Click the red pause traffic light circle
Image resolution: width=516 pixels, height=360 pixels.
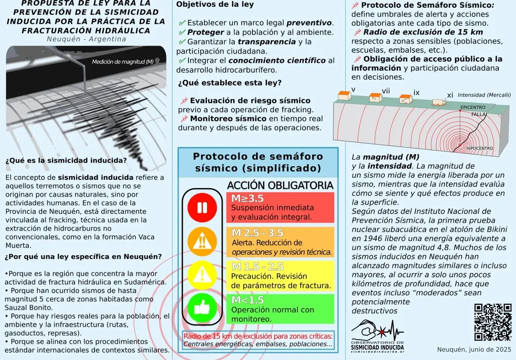click(x=200, y=208)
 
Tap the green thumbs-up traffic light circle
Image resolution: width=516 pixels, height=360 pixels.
click(x=200, y=309)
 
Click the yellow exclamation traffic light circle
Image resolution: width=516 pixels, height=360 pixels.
click(x=200, y=275)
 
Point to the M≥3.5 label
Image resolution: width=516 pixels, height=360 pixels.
click(x=247, y=199)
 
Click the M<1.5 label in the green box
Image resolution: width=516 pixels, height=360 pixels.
click(x=247, y=300)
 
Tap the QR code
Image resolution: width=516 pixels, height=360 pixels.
click(x=492, y=322)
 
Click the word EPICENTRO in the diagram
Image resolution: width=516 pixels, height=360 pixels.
click(x=473, y=107)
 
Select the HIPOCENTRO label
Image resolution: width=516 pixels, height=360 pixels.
click(x=479, y=149)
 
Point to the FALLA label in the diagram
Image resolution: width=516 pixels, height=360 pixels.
click(x=479, y=114)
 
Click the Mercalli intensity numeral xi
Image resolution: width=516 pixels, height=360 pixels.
click(x=450, y=95)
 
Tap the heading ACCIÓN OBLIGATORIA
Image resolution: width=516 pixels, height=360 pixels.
click(x=280, y=186)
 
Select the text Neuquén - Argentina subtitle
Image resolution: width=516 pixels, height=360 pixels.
click(x=86, y=39)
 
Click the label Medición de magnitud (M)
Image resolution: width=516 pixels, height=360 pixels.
click(x=123, y=62)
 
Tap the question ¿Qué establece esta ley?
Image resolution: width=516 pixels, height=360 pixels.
click(x=230, y=83)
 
